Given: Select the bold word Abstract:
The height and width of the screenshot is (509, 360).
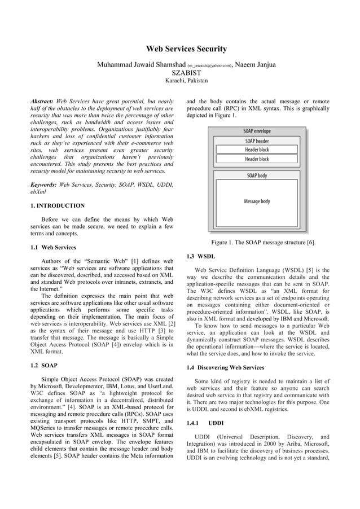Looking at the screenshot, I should point(42,101).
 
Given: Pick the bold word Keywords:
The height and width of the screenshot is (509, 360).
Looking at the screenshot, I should point(43,185).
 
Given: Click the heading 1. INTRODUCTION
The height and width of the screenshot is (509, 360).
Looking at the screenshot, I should point(58,206).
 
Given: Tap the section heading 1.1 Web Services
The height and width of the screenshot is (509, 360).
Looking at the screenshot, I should point(53,247).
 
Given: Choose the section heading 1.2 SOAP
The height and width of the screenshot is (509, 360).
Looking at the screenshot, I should point(45,366).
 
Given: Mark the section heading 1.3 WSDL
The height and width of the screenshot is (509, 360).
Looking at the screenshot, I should point(200,257).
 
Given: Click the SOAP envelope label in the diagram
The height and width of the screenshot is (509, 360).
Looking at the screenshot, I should point(257,131).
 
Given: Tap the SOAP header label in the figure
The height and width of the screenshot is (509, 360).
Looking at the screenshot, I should point(257,141).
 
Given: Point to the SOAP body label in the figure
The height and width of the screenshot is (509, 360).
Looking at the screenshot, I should point(257,175).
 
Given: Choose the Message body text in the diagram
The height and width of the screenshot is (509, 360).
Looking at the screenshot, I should point(257,201).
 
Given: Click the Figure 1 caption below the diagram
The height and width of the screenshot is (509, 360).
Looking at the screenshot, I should point(263,243).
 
